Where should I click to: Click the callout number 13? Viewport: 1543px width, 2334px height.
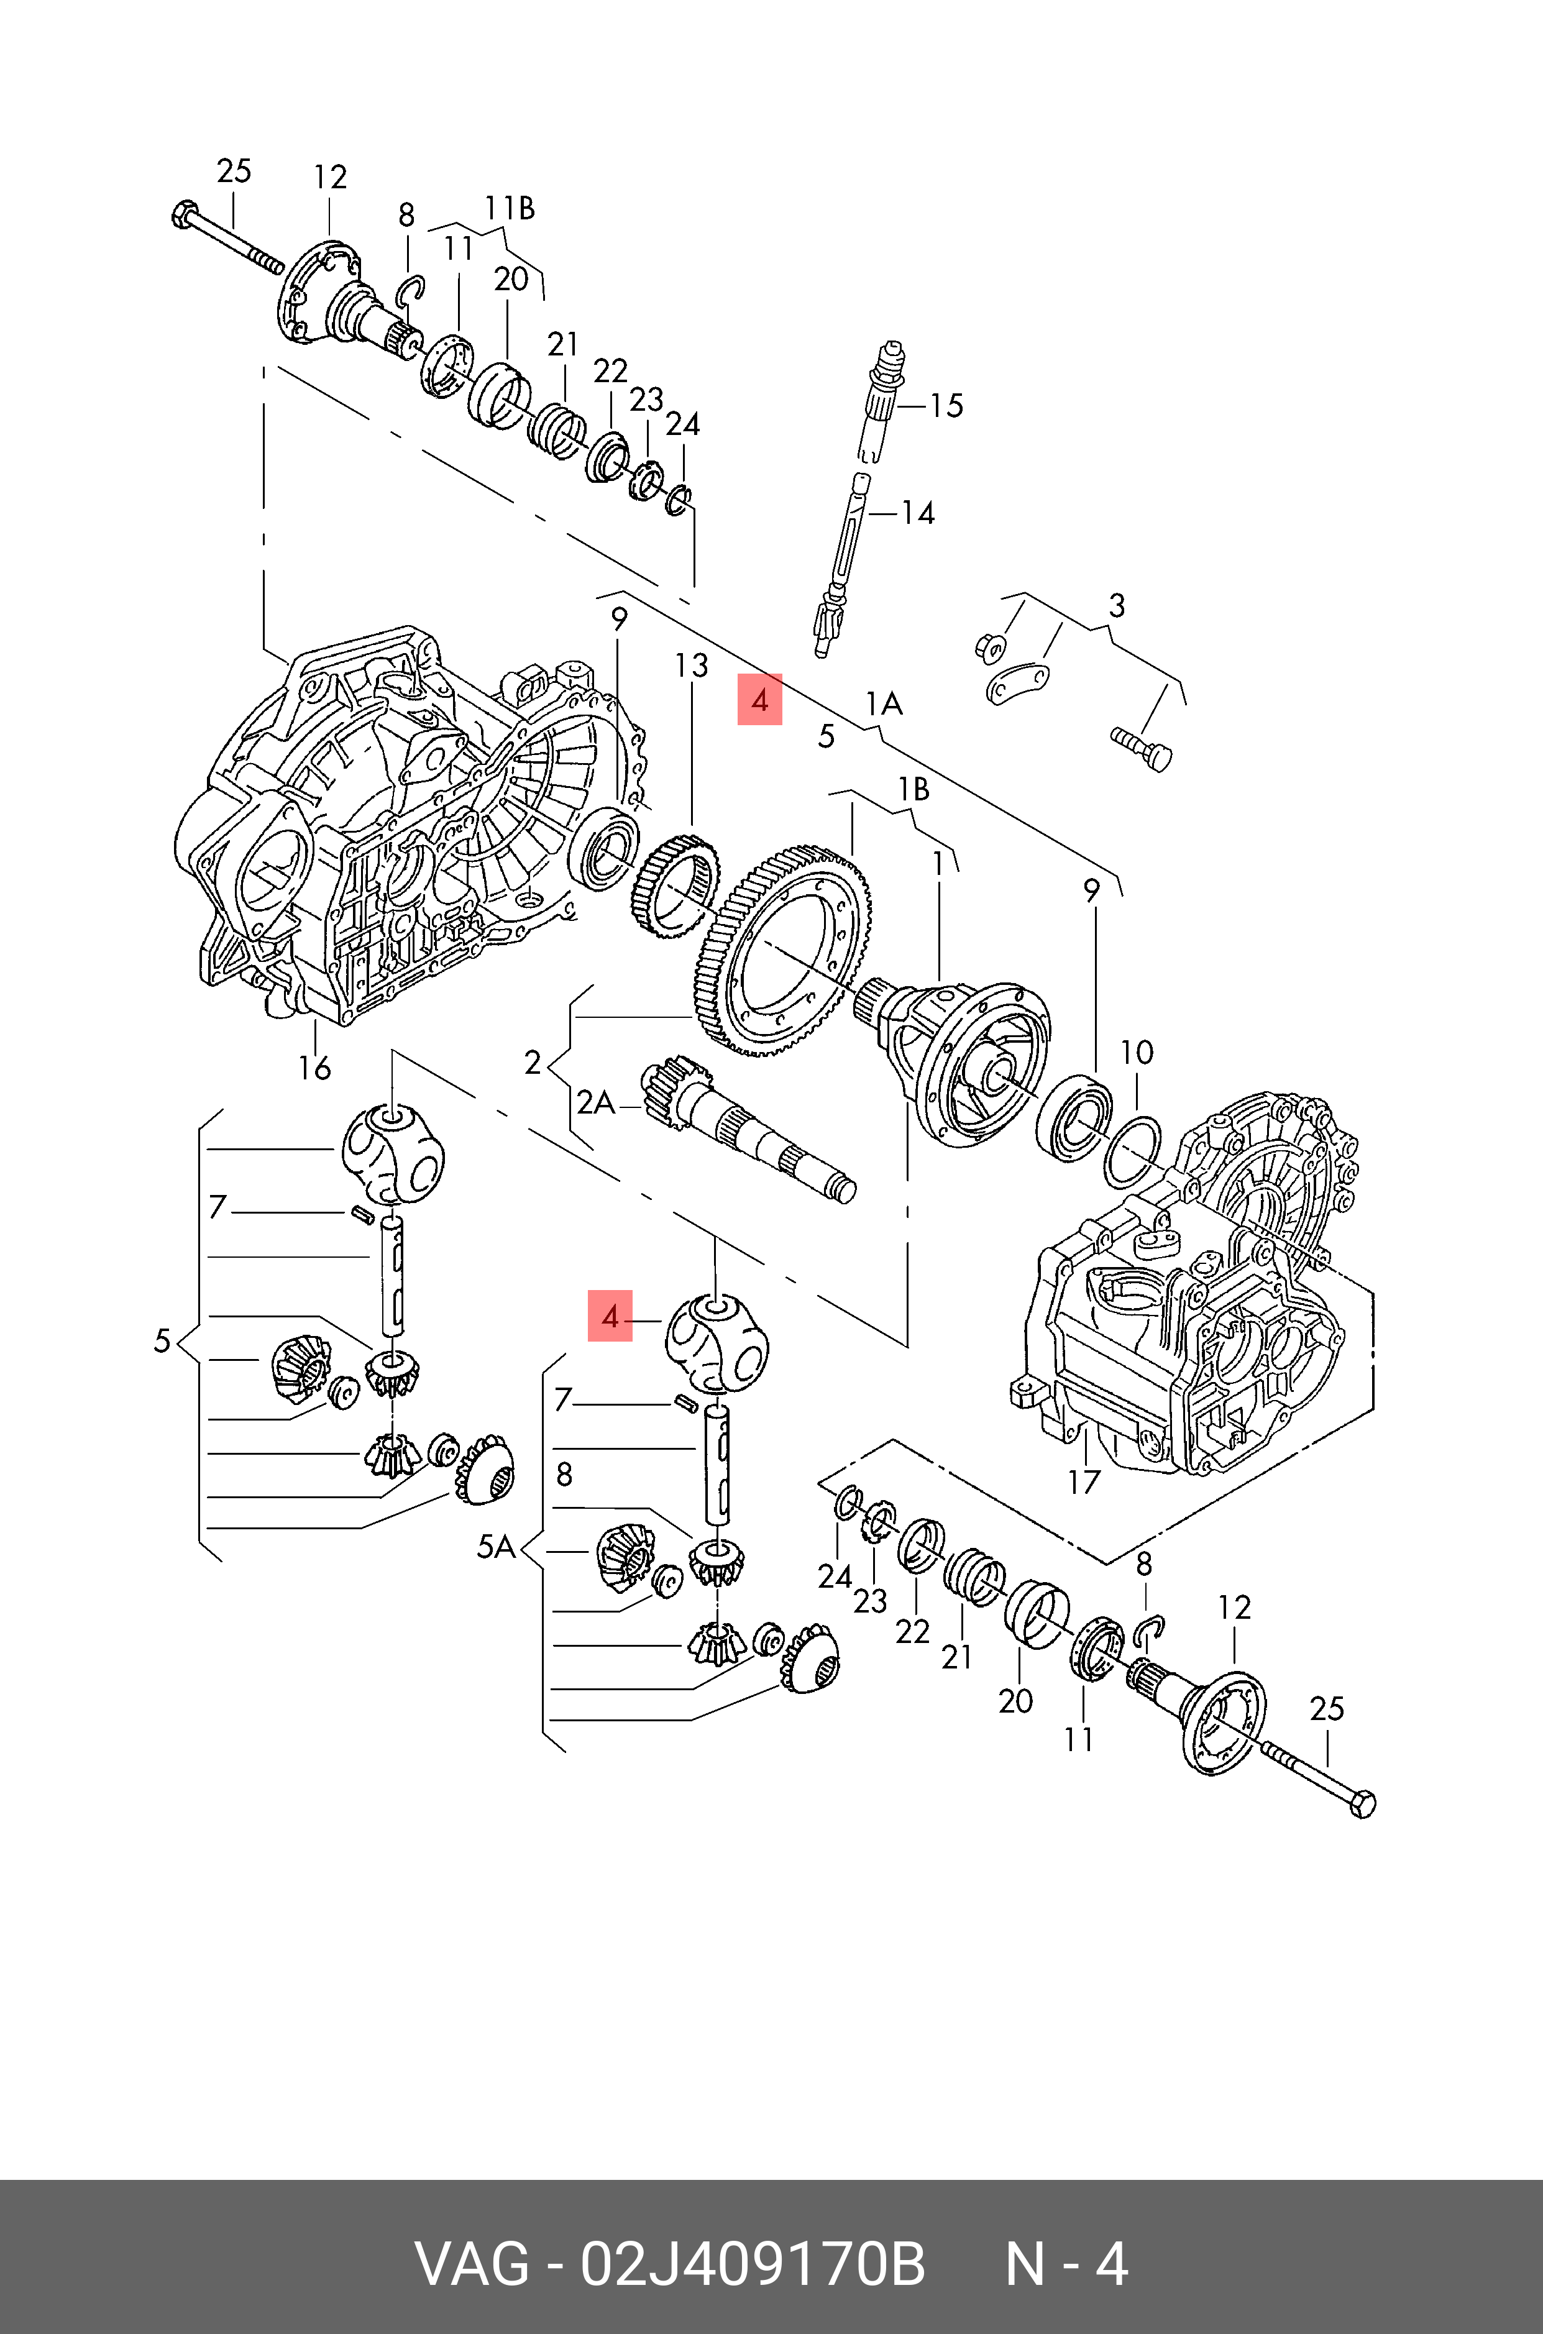click(691, 666)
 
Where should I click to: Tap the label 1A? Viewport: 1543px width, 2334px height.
click(884, 703)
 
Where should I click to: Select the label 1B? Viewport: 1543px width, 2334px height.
click(913, 789)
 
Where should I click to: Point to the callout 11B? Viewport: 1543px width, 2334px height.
click(509, 209)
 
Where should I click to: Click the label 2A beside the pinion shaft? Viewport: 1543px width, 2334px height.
click(595, 1103)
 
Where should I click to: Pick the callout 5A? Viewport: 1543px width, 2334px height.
click(496, 1547)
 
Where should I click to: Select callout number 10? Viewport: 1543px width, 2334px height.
click(1137, 1053)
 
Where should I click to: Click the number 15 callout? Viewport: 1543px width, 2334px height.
click(946, 405)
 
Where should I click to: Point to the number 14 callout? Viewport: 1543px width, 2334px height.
click(917, 513)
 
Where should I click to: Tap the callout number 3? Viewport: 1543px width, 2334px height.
click(1116, 606)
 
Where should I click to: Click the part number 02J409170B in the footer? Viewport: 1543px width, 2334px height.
click(753, 2264)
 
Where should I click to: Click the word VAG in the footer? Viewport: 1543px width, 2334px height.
click(474, 2264)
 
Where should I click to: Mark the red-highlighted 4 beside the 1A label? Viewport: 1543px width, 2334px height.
click(759, 700)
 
